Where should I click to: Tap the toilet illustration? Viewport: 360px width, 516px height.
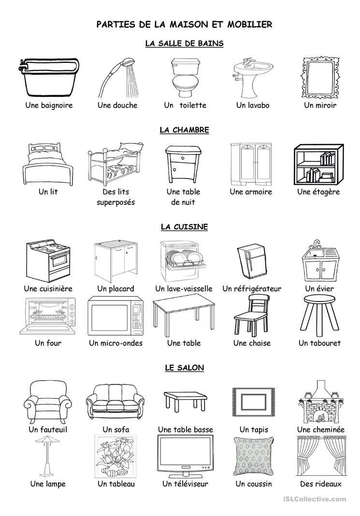pos(185,78)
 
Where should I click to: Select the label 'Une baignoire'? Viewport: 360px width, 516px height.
pos(49,105)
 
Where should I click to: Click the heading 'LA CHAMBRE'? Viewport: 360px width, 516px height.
pos(184,130)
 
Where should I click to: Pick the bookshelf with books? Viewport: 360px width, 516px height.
pos(318,165)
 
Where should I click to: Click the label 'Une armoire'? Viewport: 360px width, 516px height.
pos(251,192)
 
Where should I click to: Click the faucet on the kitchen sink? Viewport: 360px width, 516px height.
pos(316,244)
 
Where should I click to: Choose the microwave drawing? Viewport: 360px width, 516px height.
pos(115,316)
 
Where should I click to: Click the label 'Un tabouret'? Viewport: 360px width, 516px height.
pos(319,343)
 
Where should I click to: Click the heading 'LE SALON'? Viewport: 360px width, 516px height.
pos(184,368)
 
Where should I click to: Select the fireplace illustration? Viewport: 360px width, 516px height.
pos(319,402)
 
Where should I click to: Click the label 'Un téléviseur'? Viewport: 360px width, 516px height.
pos(185,484)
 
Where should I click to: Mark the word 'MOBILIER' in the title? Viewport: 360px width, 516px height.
pos(250,24)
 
